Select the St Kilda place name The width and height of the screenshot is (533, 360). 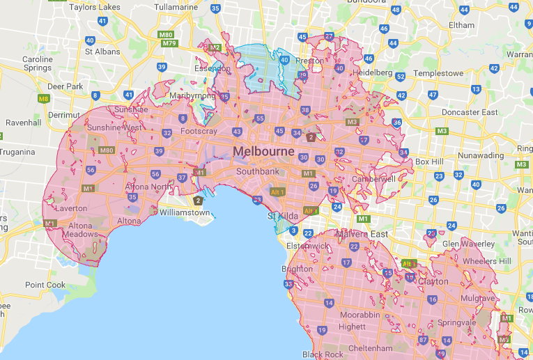click(x=284, y=217)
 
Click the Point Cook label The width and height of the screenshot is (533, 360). click(x=45, y=285)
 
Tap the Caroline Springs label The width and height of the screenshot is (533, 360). click(x=38, y=64)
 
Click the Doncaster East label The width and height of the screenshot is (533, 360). click(x=474, y=112)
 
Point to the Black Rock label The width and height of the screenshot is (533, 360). click(x=323, y=354)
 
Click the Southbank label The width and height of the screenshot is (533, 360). click(x=257, y=171)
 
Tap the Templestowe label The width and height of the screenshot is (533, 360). click(x=439, y=73)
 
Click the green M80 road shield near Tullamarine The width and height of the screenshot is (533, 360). click(x=166, y=34)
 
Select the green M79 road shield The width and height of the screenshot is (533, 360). click(x=169, y=43)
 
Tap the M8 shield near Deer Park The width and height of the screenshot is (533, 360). click(x=44, y=99)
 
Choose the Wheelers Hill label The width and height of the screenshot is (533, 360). click(x=486, y=260)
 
